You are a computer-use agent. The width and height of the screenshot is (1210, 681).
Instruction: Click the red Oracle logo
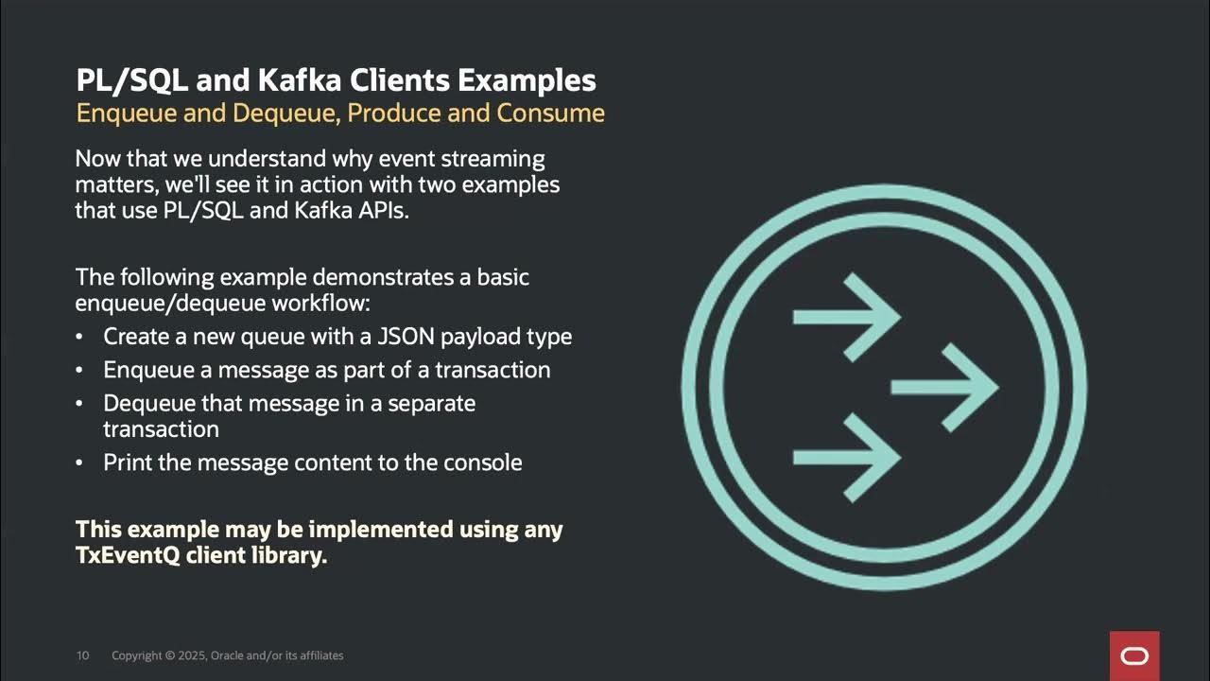[x=1134, y=655]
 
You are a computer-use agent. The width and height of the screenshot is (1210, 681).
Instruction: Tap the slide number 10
[x=82, y=655]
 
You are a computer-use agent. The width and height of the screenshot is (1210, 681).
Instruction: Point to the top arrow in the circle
[x=846, y=317]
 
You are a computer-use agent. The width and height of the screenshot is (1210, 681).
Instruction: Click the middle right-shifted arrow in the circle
[x=944, y=387]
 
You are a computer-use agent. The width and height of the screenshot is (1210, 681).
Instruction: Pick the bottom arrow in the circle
[x=846, y=458]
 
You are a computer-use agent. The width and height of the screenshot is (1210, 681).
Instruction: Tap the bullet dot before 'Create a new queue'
[x=80, y=338]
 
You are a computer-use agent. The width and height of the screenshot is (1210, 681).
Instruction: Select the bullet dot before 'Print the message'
[x=80, y=463]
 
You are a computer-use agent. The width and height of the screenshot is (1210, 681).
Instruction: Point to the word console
[x=482, y=463]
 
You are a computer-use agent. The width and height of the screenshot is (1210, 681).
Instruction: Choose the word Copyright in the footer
[x=137, y=655]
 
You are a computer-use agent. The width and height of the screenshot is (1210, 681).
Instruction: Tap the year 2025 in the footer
[x=191, y=655]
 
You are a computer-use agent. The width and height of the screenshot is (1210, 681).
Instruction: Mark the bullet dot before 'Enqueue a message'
[x=80, y=371]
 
